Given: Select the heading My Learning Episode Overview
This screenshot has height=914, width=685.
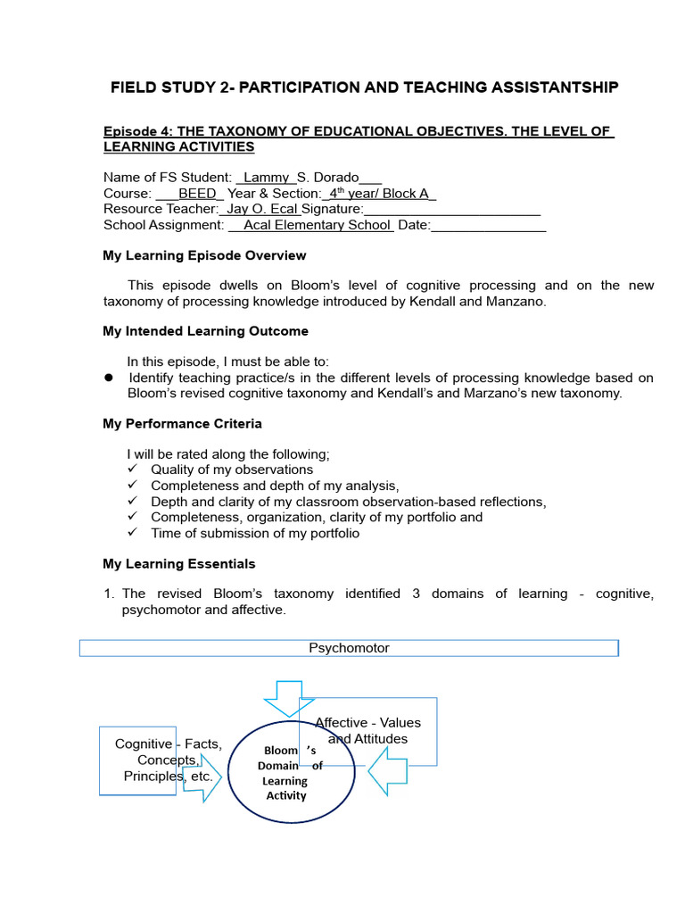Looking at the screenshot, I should pos(204,256).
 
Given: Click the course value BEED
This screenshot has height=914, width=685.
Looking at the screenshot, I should pos(197,194).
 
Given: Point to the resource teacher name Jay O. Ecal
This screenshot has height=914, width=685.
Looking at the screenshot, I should pos(263,209).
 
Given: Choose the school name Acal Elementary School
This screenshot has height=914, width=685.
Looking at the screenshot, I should pos(318,225).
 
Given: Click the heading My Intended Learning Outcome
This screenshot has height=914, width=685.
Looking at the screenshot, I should pos(205,331).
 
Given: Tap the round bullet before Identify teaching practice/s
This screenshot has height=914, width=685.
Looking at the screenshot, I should pos(109,378).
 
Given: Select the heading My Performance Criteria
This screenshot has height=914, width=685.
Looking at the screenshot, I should pos(182,424).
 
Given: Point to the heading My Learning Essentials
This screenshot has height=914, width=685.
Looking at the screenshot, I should pos(178,564).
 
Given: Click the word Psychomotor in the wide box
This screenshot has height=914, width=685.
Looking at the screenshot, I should pos(349,648).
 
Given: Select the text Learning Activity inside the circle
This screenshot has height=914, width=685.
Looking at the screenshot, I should pos(285,788).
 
